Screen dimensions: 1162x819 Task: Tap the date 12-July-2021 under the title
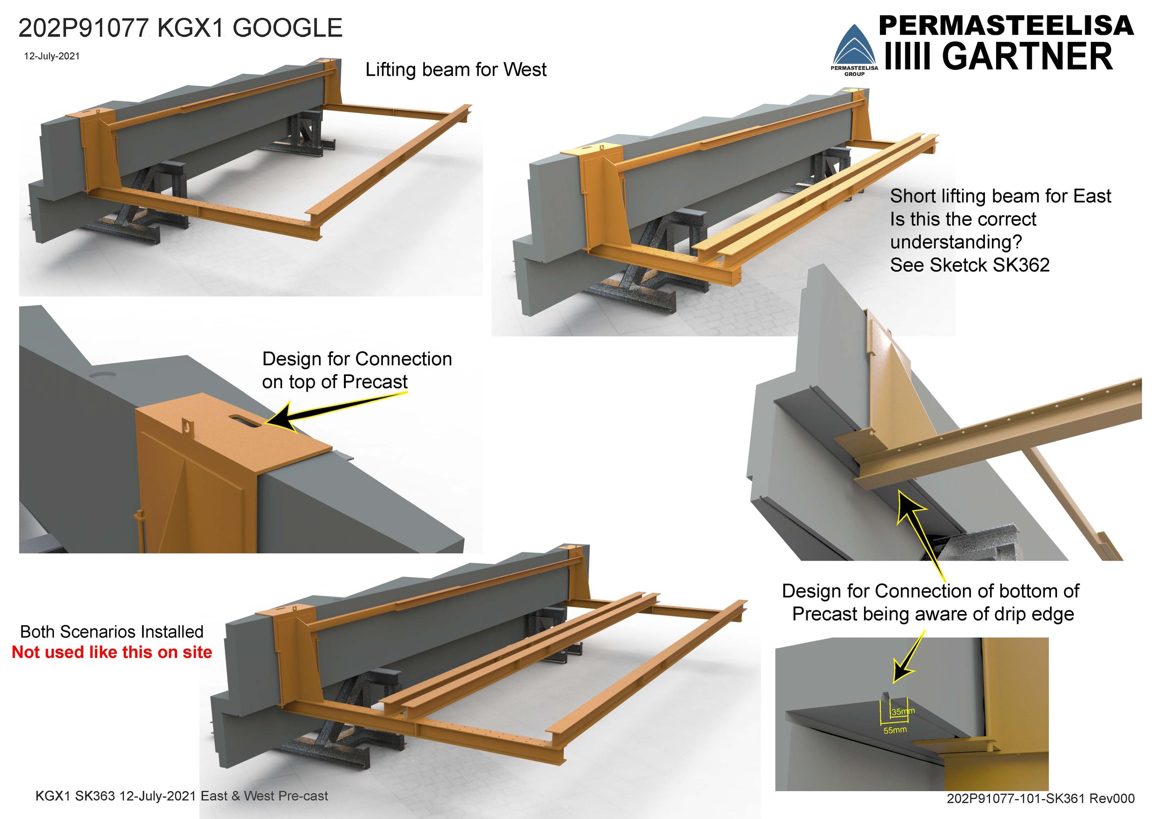coord(52,56)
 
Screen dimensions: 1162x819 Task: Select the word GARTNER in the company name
coord(1027,57)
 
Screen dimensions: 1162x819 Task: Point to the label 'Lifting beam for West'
coord(456,70)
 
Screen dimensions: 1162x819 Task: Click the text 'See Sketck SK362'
coord(969,265)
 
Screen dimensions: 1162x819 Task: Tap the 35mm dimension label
coord(902,712)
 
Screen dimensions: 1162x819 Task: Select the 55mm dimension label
coord(895,730)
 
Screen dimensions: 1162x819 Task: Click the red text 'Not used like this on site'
coord(112,652)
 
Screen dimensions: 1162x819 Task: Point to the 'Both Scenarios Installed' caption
coord(112,632)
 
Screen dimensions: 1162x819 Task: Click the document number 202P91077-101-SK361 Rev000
coord(1041,798)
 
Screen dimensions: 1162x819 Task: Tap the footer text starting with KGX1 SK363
coord(181,796)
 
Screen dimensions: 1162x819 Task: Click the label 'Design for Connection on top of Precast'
coord(357,370)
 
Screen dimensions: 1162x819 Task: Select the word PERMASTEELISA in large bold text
coord(1006,25)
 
